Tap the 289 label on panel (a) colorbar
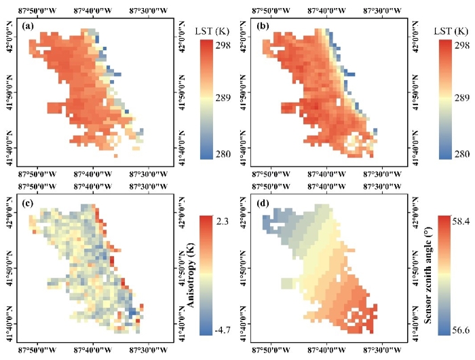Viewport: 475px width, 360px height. coord(223,98)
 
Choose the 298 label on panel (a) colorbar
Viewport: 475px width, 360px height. coord(223,45)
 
